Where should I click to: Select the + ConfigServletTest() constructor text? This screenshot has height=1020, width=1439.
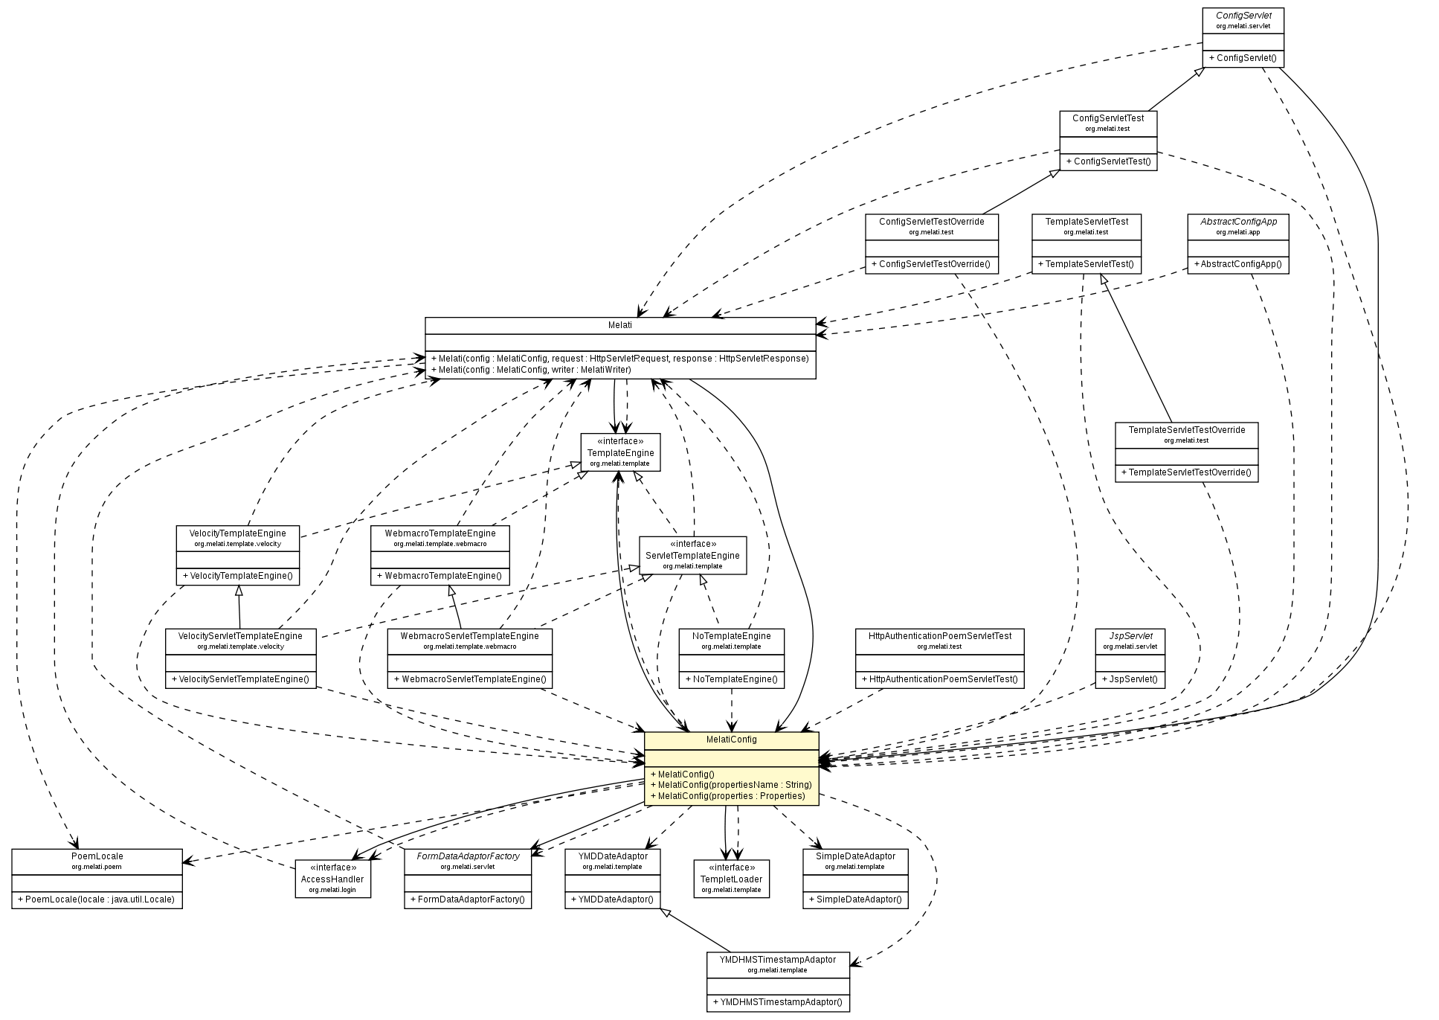pos(1108,161)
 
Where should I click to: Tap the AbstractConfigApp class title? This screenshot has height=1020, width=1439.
pos(1238,222)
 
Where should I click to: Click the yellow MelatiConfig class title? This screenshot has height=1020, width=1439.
pos(731,740)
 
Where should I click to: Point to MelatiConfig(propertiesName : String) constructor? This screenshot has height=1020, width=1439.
pos(731,785)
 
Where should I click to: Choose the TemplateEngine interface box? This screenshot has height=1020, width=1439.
pos(620,452)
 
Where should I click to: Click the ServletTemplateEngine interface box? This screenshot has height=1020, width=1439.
pos(692,555)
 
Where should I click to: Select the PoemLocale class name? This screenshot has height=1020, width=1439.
pos(97,856)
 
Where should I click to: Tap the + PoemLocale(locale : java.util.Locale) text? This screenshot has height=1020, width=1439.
pos(97,899)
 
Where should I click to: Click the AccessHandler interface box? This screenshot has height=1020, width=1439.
pos(332,879)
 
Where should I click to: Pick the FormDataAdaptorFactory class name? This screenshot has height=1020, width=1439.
pos(468,856)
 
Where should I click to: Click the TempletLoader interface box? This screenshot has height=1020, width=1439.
pos(731,879)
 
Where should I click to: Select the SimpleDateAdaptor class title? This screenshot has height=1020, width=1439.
pos(855,856)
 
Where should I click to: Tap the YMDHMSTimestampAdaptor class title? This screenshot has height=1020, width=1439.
pos(777,960)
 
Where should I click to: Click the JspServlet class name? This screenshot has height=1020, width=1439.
pos(1130,636)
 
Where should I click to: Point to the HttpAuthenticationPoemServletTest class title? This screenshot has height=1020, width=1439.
pos(939,636)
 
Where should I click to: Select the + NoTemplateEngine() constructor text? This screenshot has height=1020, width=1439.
pos(731,679)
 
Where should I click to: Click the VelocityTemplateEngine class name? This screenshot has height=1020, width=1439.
pos(237,533)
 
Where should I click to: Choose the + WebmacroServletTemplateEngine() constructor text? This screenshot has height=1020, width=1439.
pos(469,679)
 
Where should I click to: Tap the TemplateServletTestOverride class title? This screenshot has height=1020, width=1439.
pos(1186,430)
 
